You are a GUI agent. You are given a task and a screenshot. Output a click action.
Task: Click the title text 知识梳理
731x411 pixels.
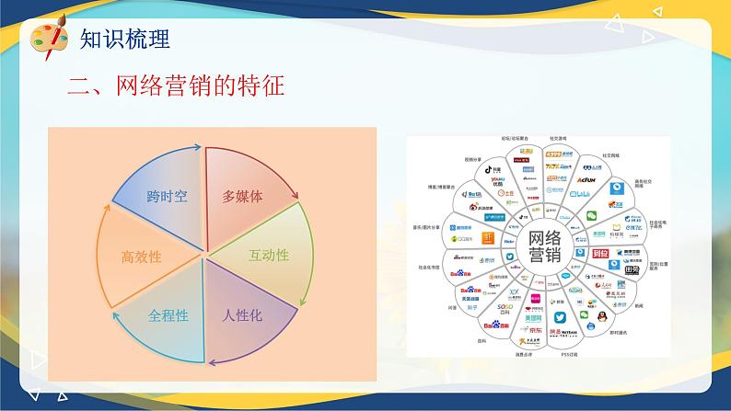(x=124, y=40)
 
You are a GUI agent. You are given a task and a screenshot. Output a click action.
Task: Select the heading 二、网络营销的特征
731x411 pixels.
(x=176, y=87)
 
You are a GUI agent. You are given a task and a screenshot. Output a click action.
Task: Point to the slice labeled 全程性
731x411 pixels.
(x=168, y=315)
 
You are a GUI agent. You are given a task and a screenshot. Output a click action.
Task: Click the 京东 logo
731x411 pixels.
(x=534, y=328)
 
